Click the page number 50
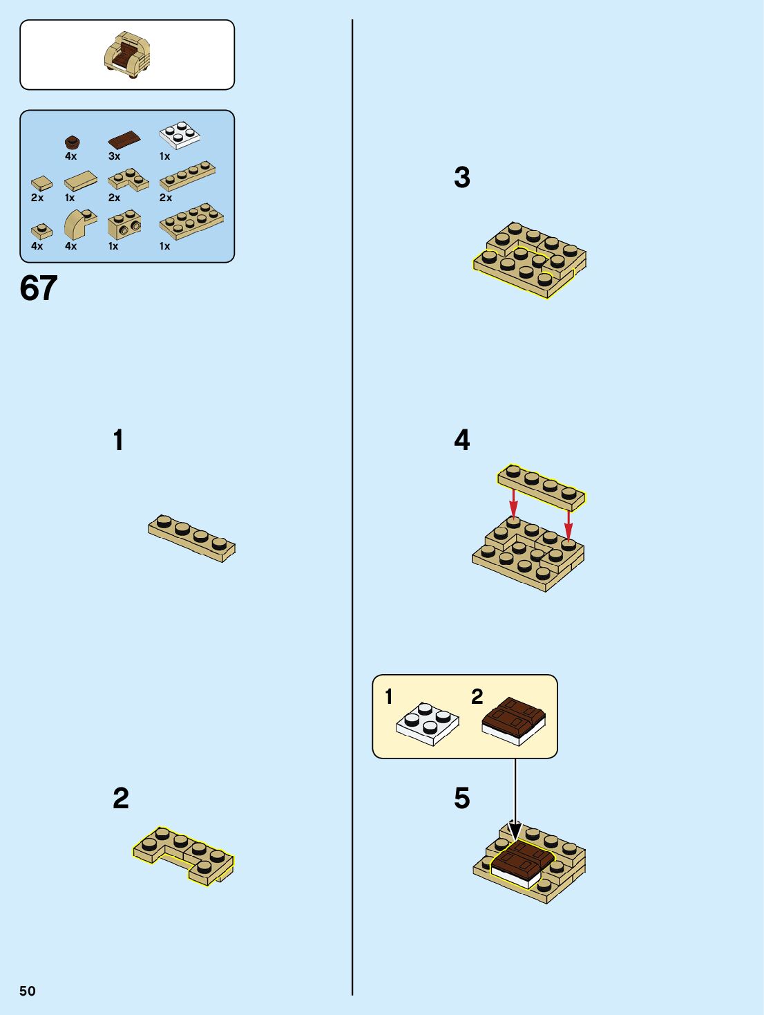(27, 991)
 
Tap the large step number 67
(39, 288)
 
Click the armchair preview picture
(127, 55)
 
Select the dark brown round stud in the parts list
(72, 142)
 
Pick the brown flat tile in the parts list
(124, 140)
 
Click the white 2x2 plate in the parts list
(180, 135)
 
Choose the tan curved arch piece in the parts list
(80, 224)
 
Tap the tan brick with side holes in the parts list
(124, 225)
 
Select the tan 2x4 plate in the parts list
(191, 221)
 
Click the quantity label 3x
(114, 156)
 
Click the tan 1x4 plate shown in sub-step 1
(192, 538)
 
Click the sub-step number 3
(462, 177)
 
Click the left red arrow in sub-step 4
(513, 503)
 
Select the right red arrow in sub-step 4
(569, 525)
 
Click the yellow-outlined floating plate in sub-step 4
(542, 487)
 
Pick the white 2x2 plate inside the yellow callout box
(428, 724)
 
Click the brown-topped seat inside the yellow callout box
(514, 721)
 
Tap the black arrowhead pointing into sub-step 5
(515, 830)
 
